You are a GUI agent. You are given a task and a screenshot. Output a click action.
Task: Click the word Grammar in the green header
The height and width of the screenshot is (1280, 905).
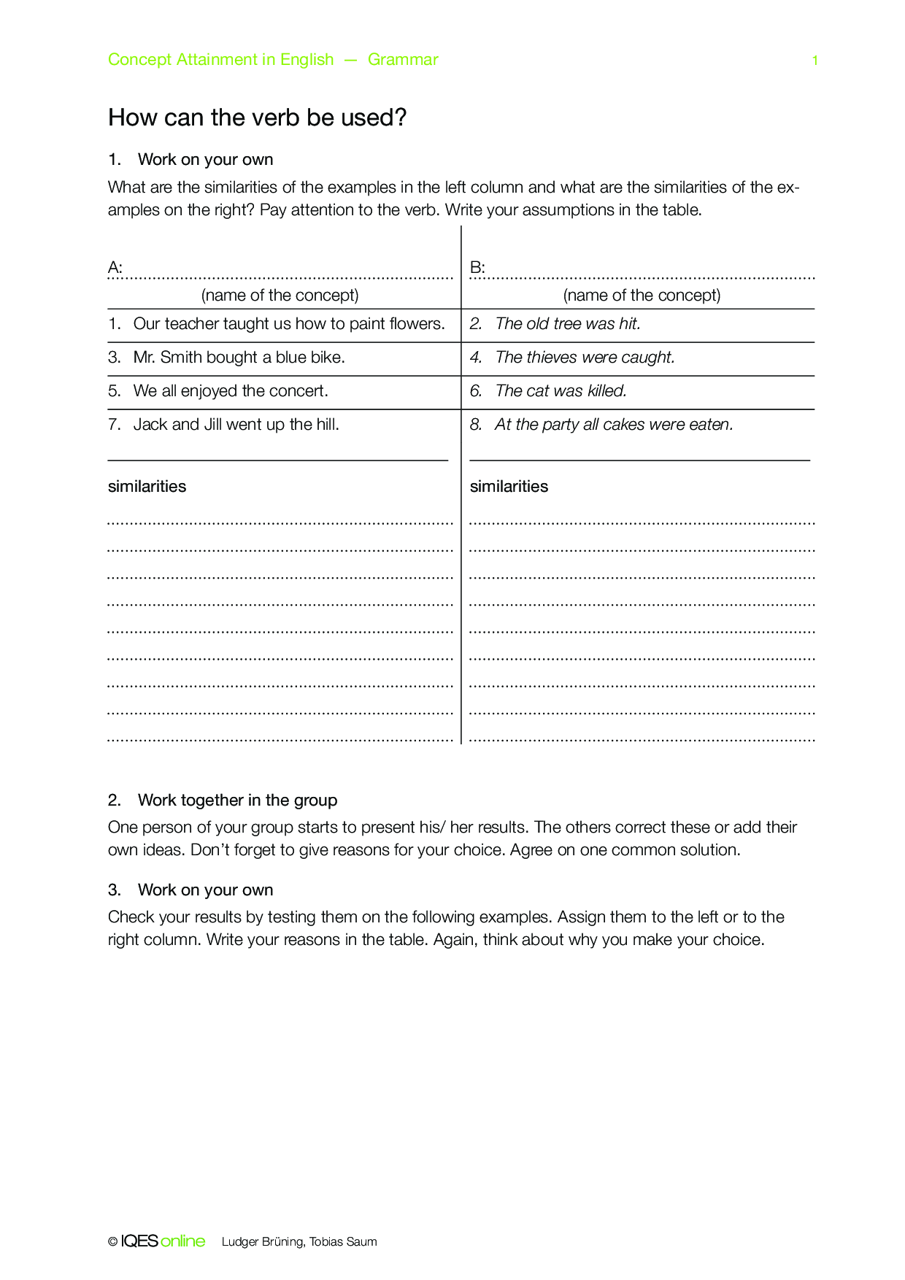click(x=403, y=60)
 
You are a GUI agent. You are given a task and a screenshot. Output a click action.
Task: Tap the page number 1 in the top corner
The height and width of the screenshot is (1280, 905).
click(x=814, y=61)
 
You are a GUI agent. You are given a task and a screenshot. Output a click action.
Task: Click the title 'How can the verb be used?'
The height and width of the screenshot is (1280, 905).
click(x=257, y=117)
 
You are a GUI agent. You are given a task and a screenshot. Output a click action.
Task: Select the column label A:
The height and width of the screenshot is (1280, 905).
click(x=115, y=268)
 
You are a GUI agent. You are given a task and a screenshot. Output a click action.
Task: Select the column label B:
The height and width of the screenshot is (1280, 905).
click(x=477, y=268)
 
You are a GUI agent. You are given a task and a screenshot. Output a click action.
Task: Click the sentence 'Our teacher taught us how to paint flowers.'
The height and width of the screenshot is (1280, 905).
click(x=289, y=324)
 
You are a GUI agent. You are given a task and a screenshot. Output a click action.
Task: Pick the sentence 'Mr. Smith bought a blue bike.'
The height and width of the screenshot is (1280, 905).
click(x=239, y=358)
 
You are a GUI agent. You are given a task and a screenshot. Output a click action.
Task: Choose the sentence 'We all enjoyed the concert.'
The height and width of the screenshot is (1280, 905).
click(x=231, y=391)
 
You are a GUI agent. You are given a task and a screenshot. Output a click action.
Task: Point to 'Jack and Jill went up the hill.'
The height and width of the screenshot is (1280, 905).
click(x=236, y=425)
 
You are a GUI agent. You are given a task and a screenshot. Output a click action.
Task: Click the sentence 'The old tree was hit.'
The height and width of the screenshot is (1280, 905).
click(x=568, y=324)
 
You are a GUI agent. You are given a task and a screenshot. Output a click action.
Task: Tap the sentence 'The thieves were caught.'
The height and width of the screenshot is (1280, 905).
click(x=585, y=358)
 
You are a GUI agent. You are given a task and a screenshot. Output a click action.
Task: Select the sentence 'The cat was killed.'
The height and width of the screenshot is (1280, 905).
click(x=561, y=391)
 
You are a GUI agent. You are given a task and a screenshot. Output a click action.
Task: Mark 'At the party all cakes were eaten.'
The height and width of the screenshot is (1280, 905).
click(x=614, y=425)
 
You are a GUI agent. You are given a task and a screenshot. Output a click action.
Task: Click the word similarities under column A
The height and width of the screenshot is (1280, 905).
click(x=147, y=487)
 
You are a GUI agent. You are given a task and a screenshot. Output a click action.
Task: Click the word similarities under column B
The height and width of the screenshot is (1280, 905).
click(x=509, y=487)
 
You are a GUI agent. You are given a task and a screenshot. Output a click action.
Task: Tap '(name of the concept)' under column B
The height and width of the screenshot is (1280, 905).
click(x=642, y=296)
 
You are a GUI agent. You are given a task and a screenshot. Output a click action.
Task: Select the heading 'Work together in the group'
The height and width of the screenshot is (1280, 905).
click(x=237, y=801)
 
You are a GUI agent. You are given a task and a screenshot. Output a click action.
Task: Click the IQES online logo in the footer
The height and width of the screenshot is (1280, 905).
click(x=162, y=1241)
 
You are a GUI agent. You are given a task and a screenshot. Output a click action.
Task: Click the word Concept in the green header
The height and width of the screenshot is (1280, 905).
click(x=139, y=60)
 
